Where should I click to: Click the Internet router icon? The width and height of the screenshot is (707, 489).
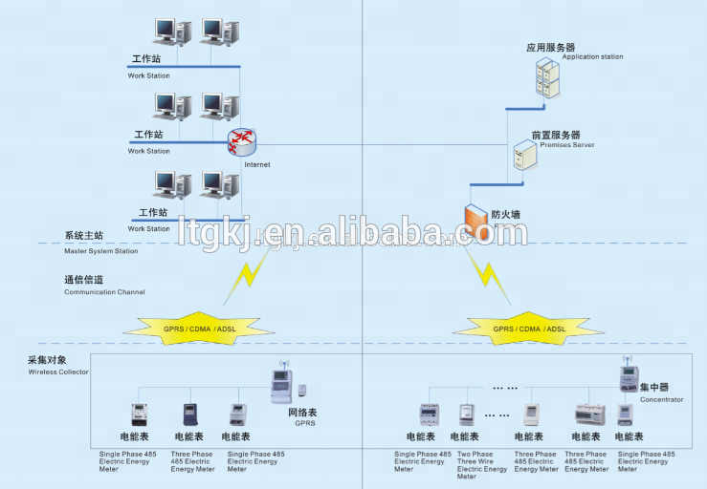point(242,142)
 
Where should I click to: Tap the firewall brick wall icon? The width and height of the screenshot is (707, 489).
point(476,221)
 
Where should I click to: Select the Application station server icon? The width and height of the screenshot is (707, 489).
point(546,75)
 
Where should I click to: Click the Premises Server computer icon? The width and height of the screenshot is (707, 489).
point(523,155)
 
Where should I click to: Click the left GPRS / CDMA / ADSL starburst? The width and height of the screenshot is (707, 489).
point(199,329)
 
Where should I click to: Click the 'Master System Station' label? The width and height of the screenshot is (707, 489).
point(100,251)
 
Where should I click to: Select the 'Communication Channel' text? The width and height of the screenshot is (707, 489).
point(104,292)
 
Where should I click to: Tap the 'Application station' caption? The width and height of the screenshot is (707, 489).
point(592,57)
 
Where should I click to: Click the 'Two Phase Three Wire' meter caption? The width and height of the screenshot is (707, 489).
point(482,465)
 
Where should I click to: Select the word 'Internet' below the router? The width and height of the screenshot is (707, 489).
point(257,164)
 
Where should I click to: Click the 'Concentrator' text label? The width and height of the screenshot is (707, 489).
point(662,399)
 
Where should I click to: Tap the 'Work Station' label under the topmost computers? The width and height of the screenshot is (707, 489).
point(149,74)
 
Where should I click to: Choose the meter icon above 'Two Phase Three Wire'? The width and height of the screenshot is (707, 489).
point(466,414)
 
